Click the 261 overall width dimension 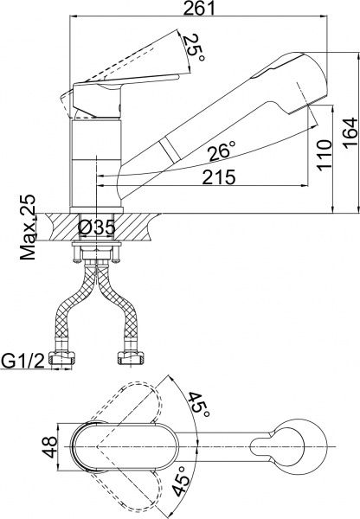click(x=199, y=8)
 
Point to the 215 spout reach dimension click(x=219, y=177)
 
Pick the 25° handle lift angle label click(x=194, y=48)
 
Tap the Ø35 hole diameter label click(x=97, y=227)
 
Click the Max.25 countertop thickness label click(x=28, y=227)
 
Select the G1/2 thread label click(x=22, y=361)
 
